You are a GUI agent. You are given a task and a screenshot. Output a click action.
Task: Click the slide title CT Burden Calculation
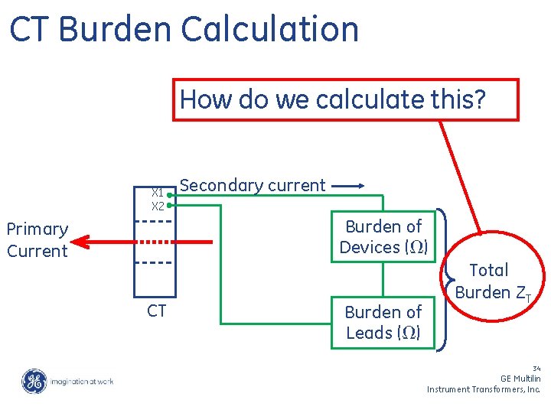click(184, 29)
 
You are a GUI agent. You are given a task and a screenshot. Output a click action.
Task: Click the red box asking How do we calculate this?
click(347, 99)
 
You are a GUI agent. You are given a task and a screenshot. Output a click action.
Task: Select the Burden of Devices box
click(383, 236)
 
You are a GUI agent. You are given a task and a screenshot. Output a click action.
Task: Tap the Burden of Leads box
click(383, 322)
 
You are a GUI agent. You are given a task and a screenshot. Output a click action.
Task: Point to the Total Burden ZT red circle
click(490, 280)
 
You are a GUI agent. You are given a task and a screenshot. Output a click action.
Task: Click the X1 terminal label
click(157, 193)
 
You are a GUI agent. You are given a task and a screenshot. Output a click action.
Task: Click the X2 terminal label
click(157, 206)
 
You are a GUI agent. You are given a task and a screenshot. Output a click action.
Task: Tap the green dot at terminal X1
click(169, 195)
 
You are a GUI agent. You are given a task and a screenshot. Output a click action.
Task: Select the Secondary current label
click(252, 185)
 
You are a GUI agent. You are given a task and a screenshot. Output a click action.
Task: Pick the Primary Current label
click(37, 239)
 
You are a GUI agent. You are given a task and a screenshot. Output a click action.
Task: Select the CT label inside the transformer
click(157, 310)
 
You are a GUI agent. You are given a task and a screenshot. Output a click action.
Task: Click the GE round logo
click(34, 381)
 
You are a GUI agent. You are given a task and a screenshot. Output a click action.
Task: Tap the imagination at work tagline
click(82, 381)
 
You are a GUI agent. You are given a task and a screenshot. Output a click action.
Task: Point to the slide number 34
click(535, 368)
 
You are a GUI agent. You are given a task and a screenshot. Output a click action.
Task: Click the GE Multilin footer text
click(520, 379)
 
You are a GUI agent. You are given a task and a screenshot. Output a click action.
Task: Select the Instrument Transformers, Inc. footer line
click(484, 389)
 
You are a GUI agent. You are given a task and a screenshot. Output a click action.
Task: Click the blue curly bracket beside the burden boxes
click(445, 280)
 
